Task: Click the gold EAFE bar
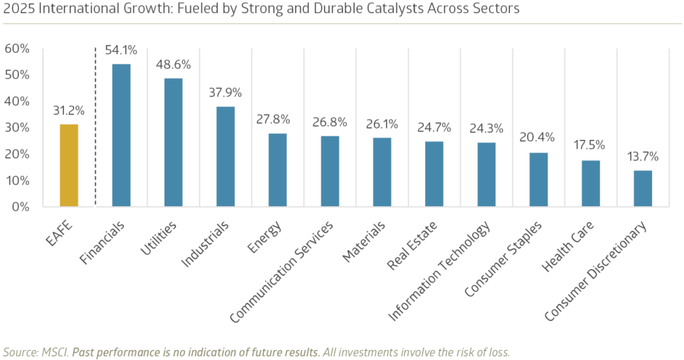point(69,165)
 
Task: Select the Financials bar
point(121,135)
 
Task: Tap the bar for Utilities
point(173,142)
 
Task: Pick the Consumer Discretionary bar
point(643,189)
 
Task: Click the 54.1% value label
point(122,51)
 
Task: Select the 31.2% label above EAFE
point(69,111)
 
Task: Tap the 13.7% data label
point(643,157)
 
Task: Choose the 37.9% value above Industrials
point(226,93)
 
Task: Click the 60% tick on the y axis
point(17,49)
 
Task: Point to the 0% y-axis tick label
point(20,207)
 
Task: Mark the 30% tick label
point(17,128)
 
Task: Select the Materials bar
point(382,172)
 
